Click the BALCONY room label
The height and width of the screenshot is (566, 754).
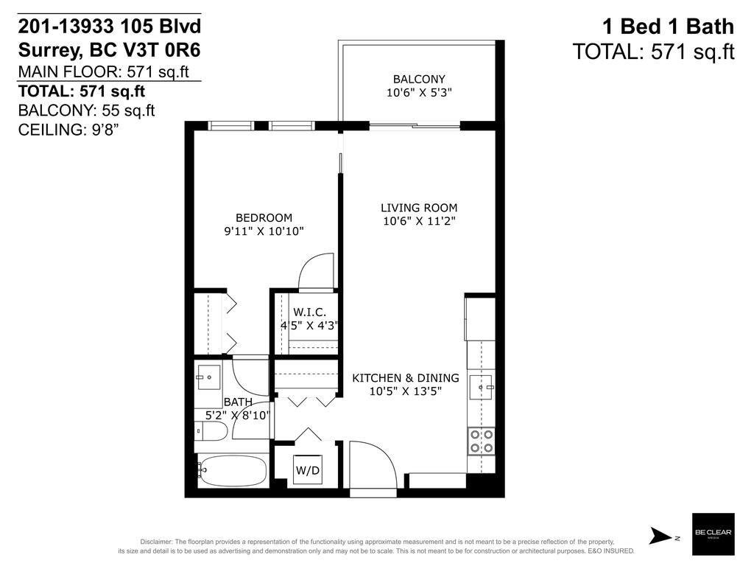(x=418, y=79)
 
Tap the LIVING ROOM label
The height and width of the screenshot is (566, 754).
(x=418, y=208)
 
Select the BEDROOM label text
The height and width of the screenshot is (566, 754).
(x=264, y=217)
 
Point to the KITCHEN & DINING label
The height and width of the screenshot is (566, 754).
(x=405, y=378)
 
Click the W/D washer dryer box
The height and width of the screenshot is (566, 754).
(x=309, y=469)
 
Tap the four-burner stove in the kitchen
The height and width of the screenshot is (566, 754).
(x=481, y=440)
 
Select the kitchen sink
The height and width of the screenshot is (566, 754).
(x=482, y=385)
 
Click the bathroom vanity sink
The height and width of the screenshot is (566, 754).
(x=209, y=378)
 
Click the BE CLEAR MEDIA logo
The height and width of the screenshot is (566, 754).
(x=713, y=534)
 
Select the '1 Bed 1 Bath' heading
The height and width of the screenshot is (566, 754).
(x=668, y=27)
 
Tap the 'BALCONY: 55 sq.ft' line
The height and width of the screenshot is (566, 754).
(x=86, y=111)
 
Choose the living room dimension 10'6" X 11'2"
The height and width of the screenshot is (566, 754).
(x=418, y=221)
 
